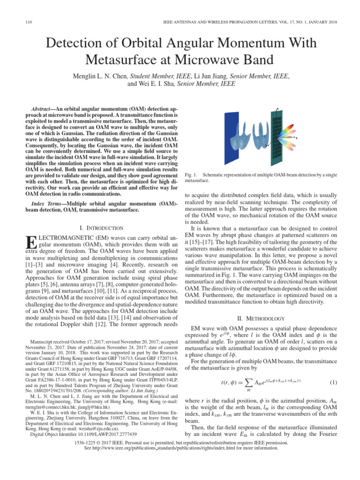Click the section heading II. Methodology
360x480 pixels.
click(261, 318)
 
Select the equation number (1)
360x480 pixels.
click(333, 382)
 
